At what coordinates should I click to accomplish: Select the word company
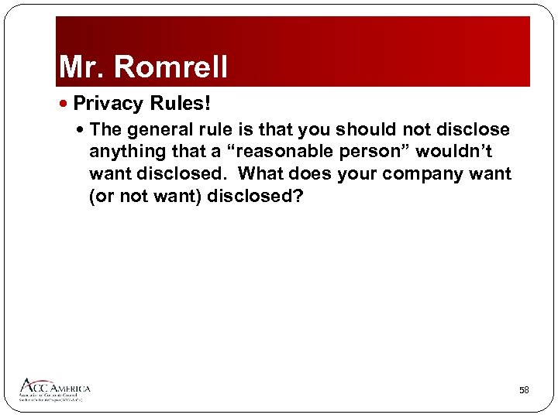425,174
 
